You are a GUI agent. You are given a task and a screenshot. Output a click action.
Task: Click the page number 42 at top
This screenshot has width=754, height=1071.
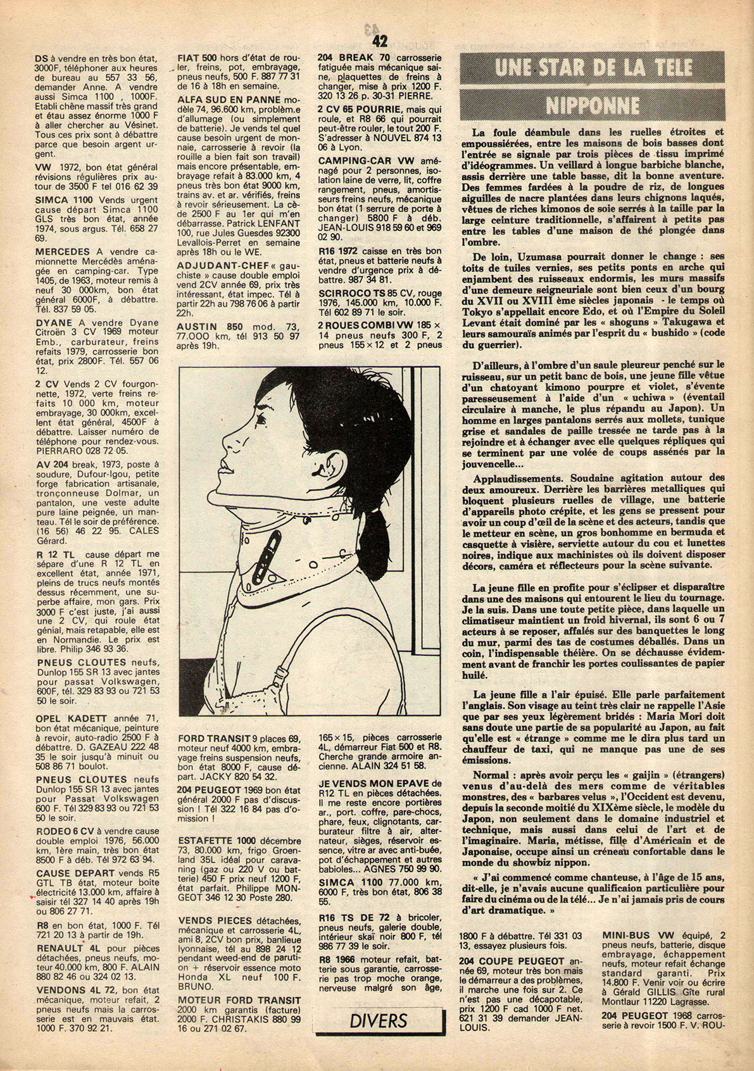point(380,41)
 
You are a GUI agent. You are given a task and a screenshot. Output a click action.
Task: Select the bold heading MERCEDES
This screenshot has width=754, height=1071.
point(63,251)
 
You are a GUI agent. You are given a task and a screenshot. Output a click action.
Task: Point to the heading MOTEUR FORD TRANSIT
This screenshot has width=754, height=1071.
point(230,1000)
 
